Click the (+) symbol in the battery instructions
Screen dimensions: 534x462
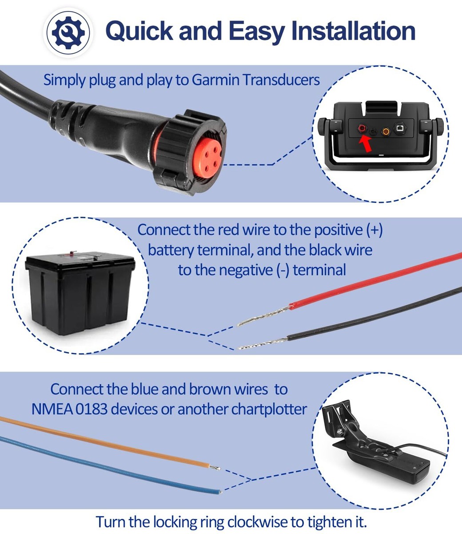click(374, 230)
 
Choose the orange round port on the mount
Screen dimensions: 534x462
click(386, 130)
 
